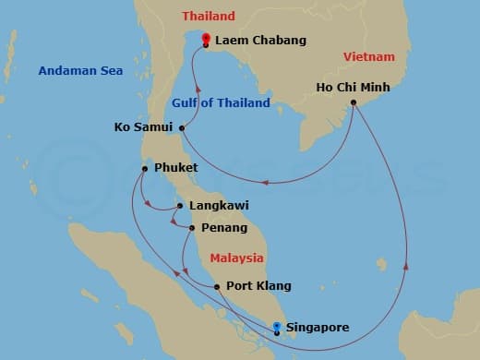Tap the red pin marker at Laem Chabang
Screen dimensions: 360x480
click(205, 40)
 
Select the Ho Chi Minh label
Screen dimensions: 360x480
click(353, 88)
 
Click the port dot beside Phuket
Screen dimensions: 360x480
click(145, 167)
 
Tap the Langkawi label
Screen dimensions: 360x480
click(219, 206)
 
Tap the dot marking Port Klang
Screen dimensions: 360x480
click(217, 287)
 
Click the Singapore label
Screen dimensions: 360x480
click(318, 327)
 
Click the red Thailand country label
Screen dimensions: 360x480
click(209, 17)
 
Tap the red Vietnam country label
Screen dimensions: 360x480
click(368, 57)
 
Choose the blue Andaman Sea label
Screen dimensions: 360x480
click(75, 71)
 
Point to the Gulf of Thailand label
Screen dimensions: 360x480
click(221, 103)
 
